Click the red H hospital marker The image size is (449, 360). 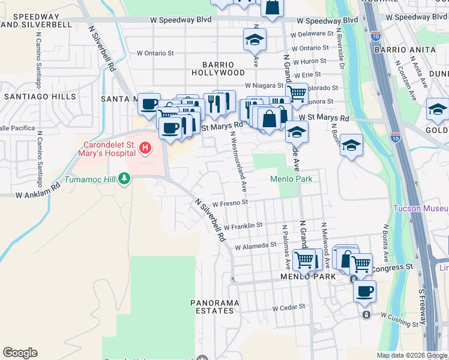tap(145, 147)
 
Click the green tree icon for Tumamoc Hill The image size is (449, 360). tap(124, 178)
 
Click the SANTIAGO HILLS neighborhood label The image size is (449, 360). tap(40, 96)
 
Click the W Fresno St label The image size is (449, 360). tap(230, 203)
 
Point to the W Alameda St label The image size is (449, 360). tap(255, 245)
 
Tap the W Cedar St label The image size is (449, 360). tap(289, 307)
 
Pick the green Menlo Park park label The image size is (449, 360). tap(292, 178)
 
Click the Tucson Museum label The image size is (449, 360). tap(421, 209)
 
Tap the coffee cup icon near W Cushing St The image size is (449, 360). tap(364, 291)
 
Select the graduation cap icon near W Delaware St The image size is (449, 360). tap(255, 40)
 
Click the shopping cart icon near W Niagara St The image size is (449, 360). tap(296, 93)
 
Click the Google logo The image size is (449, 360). tap(20, 353)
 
